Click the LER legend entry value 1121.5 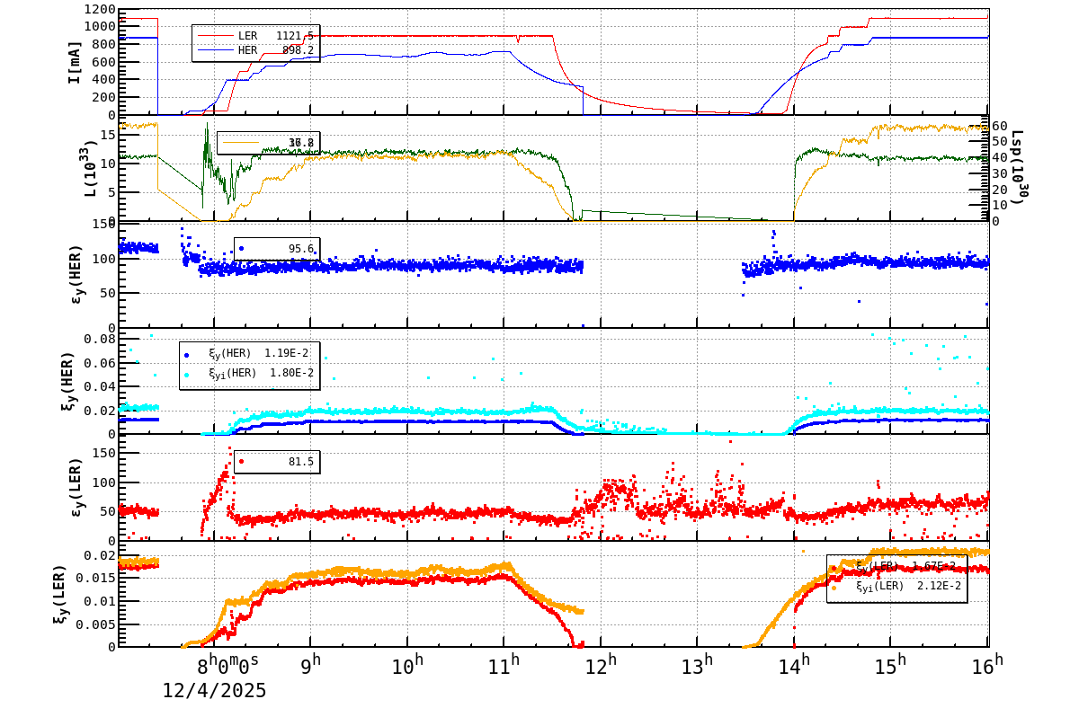[294, 36]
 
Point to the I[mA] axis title [75, 61]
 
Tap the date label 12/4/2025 [214, 691]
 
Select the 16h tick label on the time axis [986, 666]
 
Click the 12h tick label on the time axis [601, 666]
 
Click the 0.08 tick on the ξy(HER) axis [100, 340]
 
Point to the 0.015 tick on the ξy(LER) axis [96, 579]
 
